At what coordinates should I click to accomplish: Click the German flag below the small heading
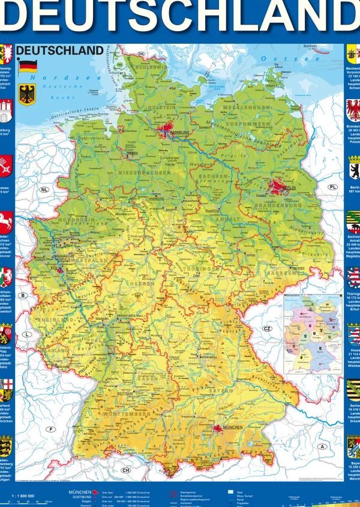[28, 67]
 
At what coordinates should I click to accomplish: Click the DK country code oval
[142, 54]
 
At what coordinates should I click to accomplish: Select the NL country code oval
[44, 190]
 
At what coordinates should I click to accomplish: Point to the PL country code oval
[332, 187]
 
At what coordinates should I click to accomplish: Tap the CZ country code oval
[268, 329]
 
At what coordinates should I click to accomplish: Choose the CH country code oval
[126, 470]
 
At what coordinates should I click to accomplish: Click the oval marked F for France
[51, 429]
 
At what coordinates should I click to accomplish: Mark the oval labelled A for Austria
[323, 446]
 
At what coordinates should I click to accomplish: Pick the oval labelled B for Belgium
[23, 295]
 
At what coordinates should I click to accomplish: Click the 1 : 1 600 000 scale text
[23, 496]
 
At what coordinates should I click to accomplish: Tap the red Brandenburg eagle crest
[353, 111]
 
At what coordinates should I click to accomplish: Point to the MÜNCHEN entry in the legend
[80, 492]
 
